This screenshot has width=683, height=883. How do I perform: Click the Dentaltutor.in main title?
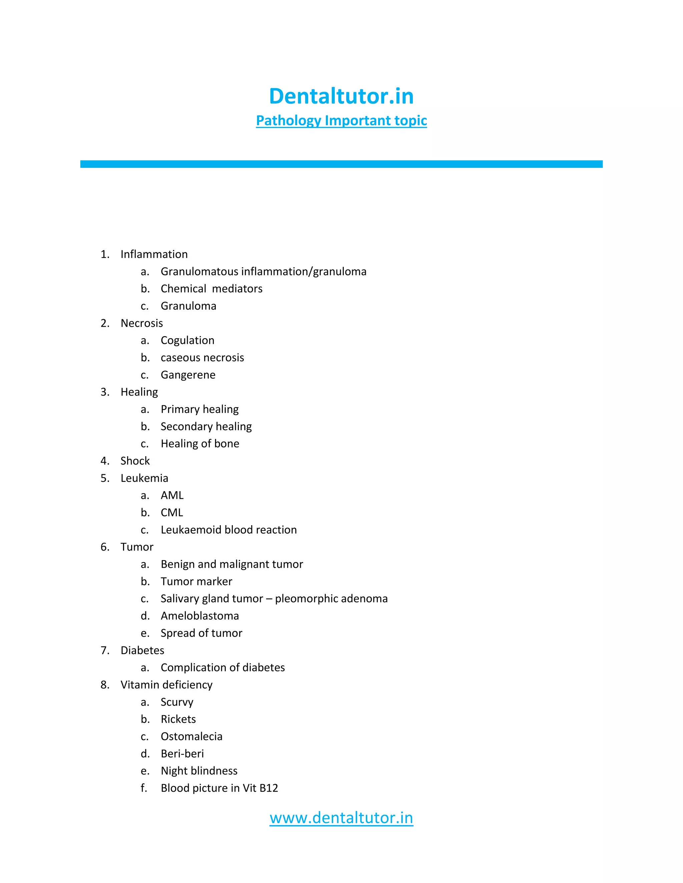click(x=341, y=96)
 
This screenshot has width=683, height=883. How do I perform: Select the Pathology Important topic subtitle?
click(x=341, y=121)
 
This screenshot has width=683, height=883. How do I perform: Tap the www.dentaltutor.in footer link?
click(x=341, y=817)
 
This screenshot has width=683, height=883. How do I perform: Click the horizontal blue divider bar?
click(x=341, y=164)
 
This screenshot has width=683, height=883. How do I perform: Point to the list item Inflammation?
click(x=154, y=254)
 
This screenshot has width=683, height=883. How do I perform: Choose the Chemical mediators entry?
click(x=211, y=289)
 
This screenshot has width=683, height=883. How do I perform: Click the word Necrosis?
click(x=142, y=323)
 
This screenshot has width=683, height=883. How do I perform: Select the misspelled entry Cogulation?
click(x=187, y=341)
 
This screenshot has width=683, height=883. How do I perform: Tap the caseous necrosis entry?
click(x=202, y=358)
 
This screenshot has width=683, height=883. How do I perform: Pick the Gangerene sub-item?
click(x=188, y=375)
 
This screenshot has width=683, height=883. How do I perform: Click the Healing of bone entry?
click(x=200, y=443)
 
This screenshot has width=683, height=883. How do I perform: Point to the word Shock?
click(x=135, y=461)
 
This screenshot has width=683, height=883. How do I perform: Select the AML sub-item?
click(x=172, y=495)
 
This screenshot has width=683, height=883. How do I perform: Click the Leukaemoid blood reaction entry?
click(x=228, y=530)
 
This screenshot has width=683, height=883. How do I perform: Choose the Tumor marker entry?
click(x=196, y=581)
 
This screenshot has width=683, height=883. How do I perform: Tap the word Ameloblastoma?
click(x=199, y=616)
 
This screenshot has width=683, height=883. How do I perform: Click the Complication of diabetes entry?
click(x=222, y=667)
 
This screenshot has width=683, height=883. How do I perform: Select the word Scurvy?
click(x=177, y=702)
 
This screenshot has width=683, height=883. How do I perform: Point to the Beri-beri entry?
click(x=182, y=754)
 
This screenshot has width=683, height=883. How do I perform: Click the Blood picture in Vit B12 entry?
click(x=219, y=788)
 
